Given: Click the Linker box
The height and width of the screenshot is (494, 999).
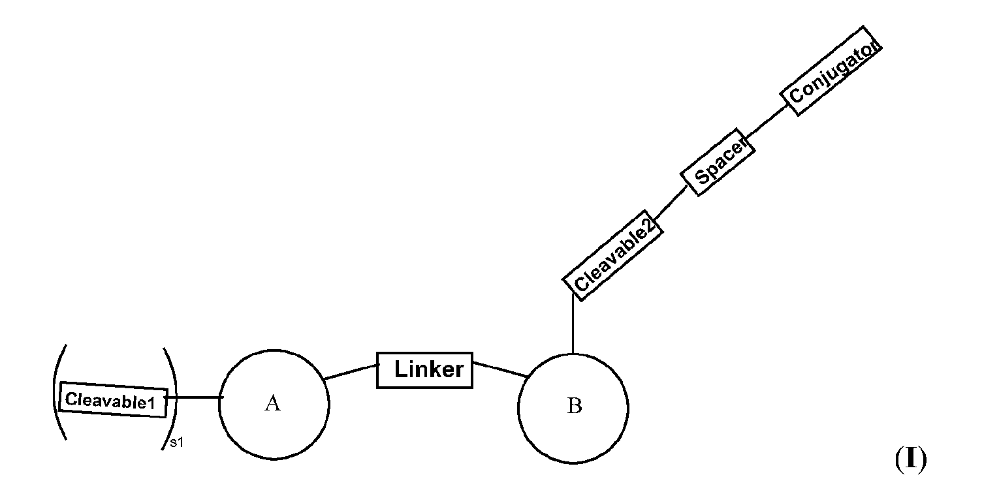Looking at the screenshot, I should click(424, 370).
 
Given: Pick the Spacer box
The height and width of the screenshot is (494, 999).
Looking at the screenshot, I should click(718, 161).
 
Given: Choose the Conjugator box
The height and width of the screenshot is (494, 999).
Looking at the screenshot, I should click(832, 70).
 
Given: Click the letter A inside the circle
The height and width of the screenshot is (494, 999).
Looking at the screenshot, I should click(272, 404).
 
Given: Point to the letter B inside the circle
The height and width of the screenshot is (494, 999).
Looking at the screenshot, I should click(574, 407).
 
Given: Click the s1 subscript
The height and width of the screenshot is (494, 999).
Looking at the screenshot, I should click(176, 443).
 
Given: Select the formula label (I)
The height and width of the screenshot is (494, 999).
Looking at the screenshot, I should click(910, 460).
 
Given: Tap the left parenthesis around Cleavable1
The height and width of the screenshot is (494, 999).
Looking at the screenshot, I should click(56, 392).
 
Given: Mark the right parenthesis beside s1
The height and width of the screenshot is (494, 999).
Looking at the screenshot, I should click(172, 398).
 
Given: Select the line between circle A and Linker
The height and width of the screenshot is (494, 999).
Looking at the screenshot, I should click(351, 371).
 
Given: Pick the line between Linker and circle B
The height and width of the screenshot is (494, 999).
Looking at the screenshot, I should click(499, 369).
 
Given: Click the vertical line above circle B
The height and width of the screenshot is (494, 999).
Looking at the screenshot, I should click(573, 325).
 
